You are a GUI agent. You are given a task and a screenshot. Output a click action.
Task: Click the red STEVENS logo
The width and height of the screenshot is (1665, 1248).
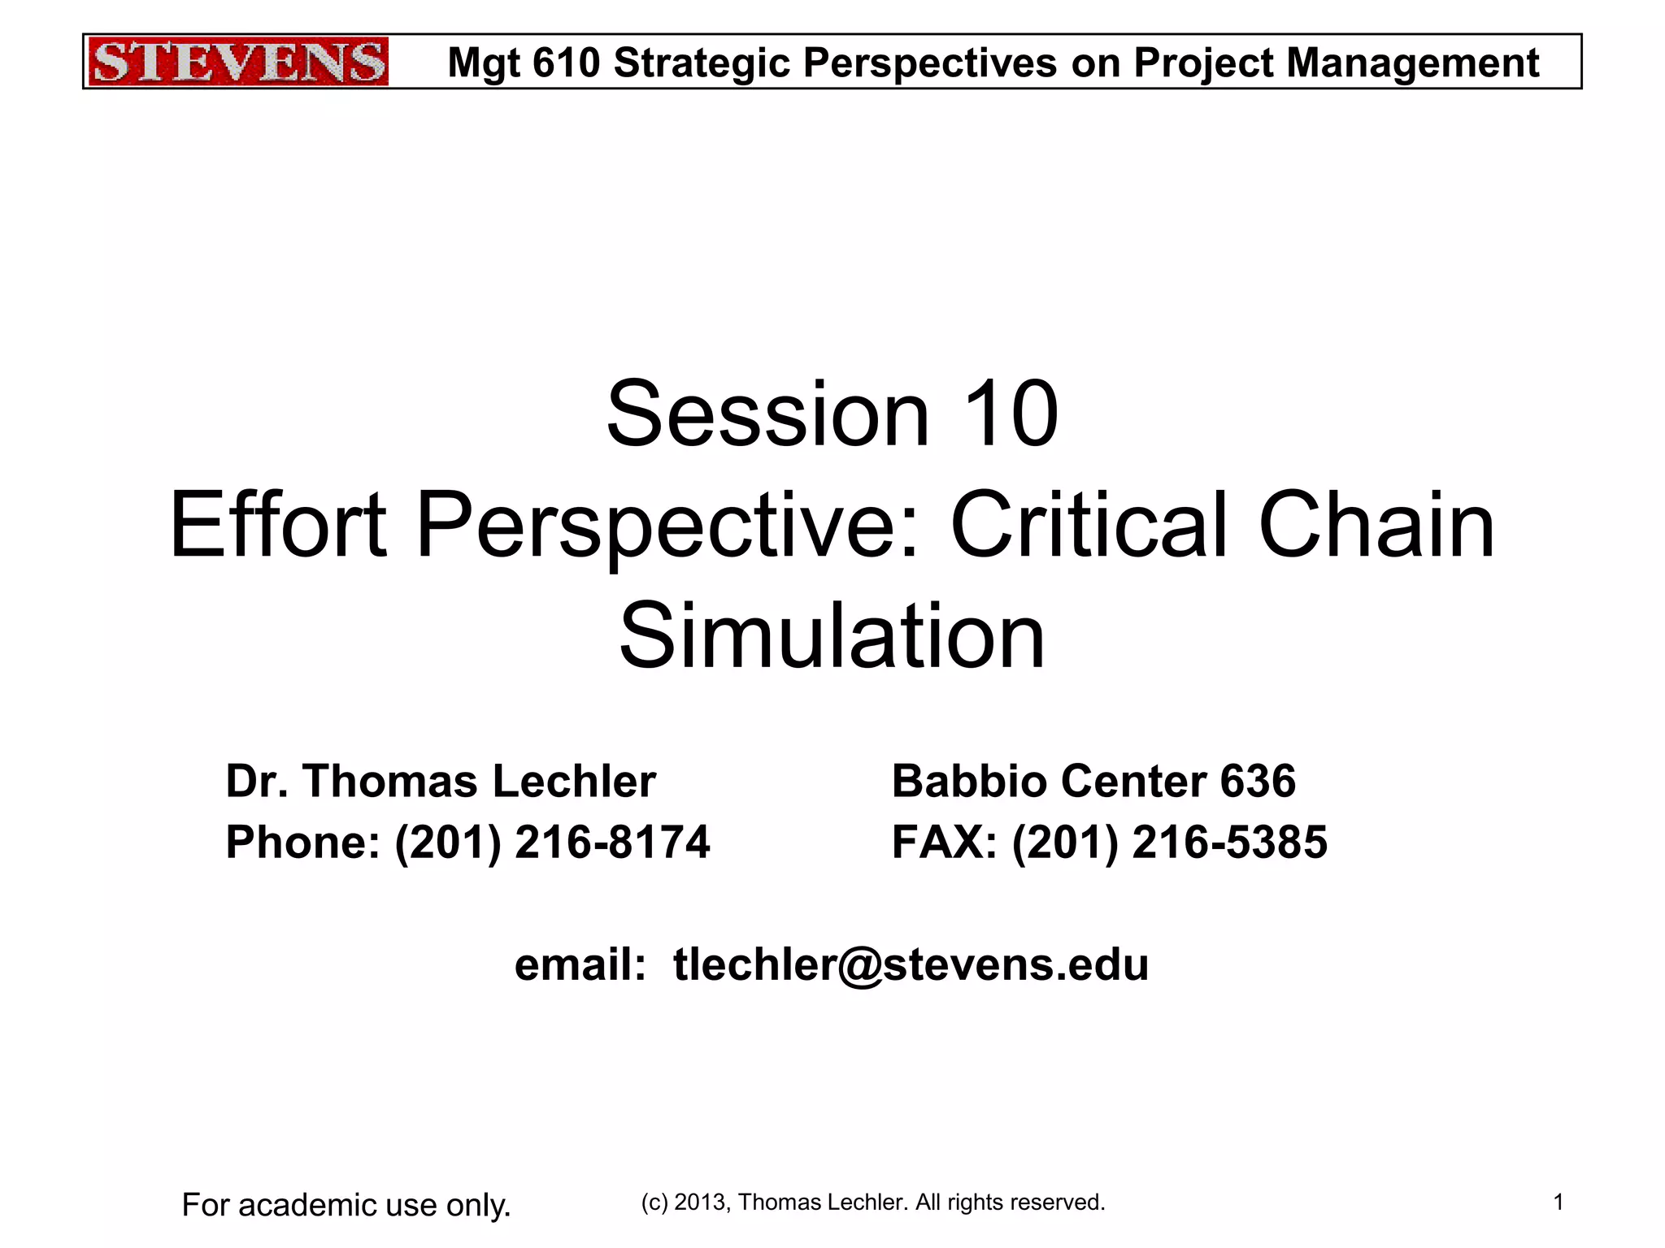[237, 62]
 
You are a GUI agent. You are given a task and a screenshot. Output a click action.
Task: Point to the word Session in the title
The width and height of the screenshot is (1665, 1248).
[767, 414]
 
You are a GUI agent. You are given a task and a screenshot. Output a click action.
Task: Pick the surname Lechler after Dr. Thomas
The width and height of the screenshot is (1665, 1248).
[574, 782]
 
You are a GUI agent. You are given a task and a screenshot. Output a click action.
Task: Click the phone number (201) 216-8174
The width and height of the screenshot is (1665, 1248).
[552, 842]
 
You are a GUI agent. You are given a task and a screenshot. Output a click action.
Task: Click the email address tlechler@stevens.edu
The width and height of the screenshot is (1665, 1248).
[911, 965]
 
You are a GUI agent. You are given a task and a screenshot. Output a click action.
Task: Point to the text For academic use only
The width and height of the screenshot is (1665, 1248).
[346, 1205]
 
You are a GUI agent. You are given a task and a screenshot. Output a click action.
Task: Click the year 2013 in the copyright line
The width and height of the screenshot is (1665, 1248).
[699, 1202]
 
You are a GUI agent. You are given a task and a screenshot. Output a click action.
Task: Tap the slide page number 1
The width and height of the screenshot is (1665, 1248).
[1558, 1202]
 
